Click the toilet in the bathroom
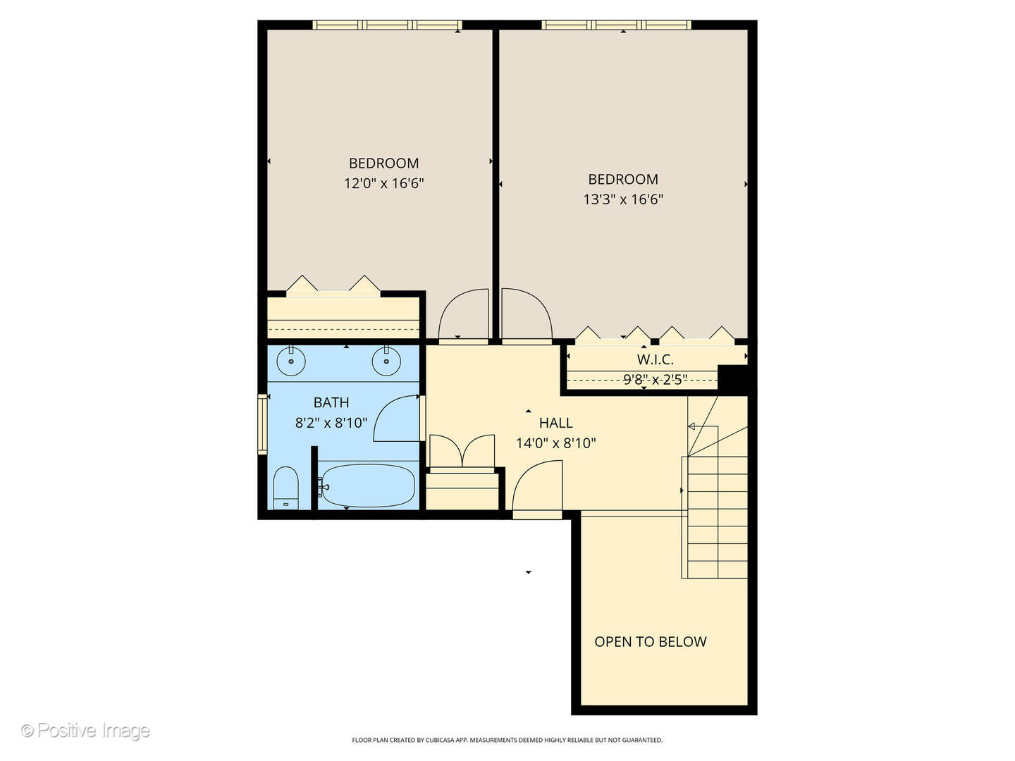click(285, 487)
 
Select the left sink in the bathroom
click(290, 362)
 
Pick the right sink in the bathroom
click(386, 362)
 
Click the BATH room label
click(331, 402)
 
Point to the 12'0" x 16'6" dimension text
click(383, 184)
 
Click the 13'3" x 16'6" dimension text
click(623, 199)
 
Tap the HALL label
click(555, 423)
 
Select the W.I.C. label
click(655, 359)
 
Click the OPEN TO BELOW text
click(650, 642)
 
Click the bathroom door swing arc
click(396, 419)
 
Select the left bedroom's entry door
click(464, 315)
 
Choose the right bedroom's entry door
click(525, 315)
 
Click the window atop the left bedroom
click(387, 25)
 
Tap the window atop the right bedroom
click(616, 25)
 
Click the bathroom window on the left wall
click(262, 423)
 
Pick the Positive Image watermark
click(85, 731)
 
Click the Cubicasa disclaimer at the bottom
click(507, 740)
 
